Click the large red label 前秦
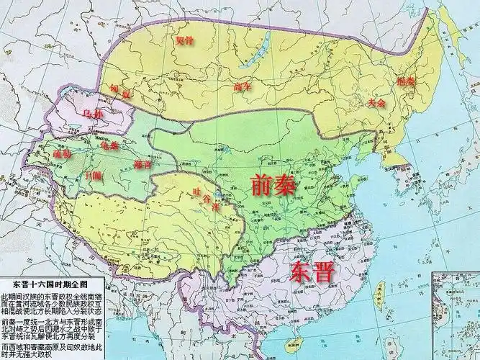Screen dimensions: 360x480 tap(273, 186)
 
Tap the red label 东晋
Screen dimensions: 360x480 tap(314, 271)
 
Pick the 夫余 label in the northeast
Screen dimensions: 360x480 tap(376, 103)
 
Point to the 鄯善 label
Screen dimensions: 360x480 tap(142, 165)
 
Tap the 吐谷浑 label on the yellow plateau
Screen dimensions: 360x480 tap(207, 198)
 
